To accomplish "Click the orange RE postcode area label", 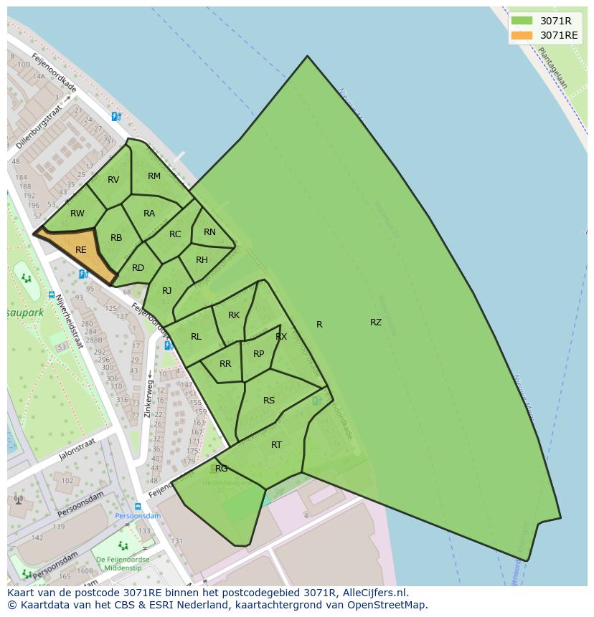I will click(x=81, y=250).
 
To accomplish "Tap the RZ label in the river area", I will click(x=376, y=322).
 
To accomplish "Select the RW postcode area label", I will click(x=77, y=214).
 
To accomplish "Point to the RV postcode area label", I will click(x=113, y=180).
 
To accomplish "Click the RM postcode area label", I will click(x=154, y=176).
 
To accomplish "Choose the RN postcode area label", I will click(x=209, y=232).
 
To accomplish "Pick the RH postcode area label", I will click(x=202, y=260).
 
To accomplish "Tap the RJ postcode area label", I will click(x=167, y=291).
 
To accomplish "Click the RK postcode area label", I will click(x=234, y=315).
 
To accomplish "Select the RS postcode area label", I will click(x=269, y=401).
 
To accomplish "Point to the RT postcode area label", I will click(x=276, y=445).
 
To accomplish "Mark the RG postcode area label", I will click(x=222, y=469).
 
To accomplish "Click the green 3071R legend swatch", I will click(x=522, y=21).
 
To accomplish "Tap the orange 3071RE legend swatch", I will click(x=522, y=35).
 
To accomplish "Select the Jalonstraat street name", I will click(x=77, y=454).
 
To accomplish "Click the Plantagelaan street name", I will click(x=552, y=67).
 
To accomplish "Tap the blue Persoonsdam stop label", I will click(x=138, y=516).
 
